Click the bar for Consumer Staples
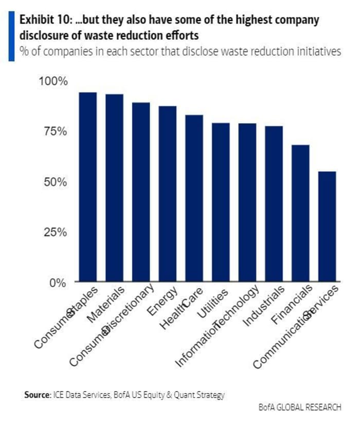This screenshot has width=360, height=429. [87, 187]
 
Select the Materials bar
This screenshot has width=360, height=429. [114, 188]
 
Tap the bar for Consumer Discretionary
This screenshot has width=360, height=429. [141, 192]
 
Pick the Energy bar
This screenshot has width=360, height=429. [168, 194]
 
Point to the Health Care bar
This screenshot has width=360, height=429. [194, 198]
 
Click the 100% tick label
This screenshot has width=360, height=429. [52, 81]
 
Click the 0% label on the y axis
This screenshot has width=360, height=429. [58, 283]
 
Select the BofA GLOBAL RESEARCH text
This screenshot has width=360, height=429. [300, 407]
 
